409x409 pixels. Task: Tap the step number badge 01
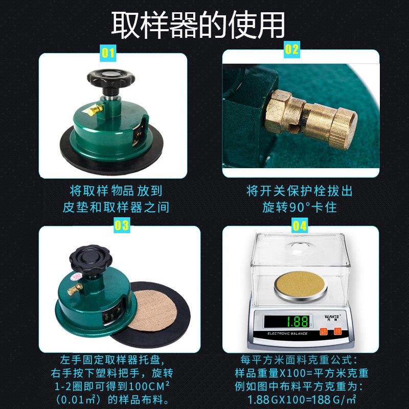coord(108,52)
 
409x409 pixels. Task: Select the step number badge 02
coord(291,50)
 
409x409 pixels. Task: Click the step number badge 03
coord(121,225)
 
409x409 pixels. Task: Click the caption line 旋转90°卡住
coord(300,208)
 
